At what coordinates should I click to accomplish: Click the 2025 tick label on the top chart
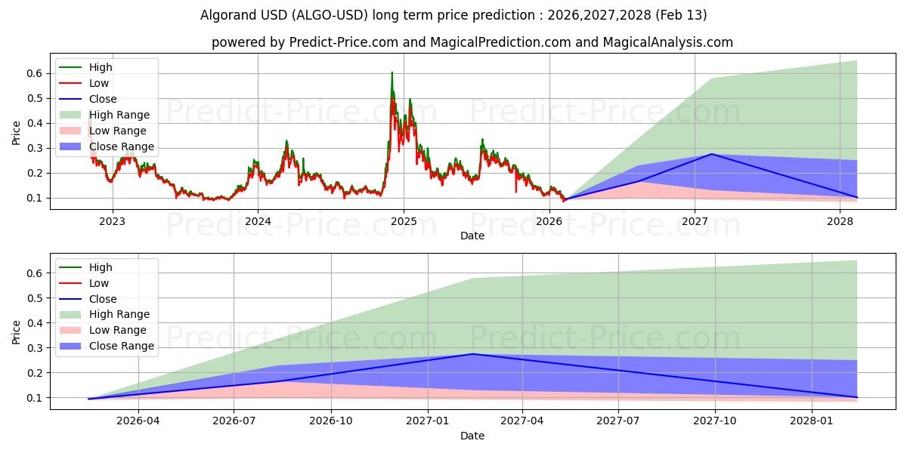(403, 221)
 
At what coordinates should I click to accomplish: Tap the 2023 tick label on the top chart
(112, 221)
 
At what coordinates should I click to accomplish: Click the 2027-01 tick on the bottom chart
(429, 421)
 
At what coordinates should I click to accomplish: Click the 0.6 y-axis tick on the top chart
(33, 73)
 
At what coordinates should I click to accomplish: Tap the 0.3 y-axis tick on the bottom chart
(33, 348)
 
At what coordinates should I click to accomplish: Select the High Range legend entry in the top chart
(119, 115)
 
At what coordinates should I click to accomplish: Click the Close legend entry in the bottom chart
(103, 299)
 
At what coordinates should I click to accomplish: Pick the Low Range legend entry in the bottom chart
(118, 331)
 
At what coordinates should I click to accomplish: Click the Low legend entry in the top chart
(99, 83)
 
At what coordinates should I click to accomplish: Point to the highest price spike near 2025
(392, 72)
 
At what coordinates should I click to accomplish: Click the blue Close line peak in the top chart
(711, 154)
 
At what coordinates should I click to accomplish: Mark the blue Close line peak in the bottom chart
(472, 354)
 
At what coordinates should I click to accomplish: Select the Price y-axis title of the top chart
(17, 133)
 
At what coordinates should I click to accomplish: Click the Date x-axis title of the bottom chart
(472, 436)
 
